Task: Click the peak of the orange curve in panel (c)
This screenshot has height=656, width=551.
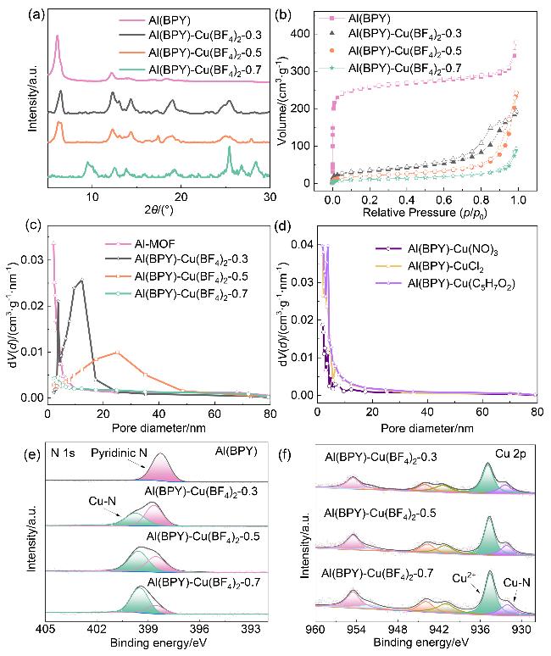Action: click(117, 352)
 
